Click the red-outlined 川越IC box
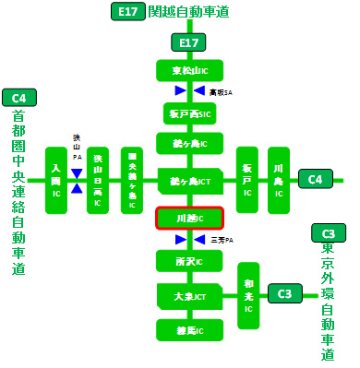[188, 219]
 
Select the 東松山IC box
[188, 70]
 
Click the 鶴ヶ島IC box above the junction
[188, 144]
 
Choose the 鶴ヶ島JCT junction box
[188, 180]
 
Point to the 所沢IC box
[188, 261]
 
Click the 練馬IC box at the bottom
[188, 329]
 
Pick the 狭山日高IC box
[97, 180]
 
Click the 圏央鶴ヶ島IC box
[132, 180]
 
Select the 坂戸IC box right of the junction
[246, 180]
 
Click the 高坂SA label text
[220, 91]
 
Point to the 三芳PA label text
[221, 240]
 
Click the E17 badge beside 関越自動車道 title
[126, 12]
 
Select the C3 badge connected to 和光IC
[285, 294]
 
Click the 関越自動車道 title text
[188, 12]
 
